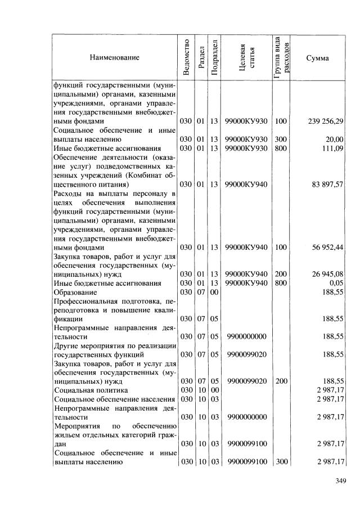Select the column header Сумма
tap(318, 57)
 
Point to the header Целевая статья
tap(247, 57)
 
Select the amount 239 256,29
tap(325, 121)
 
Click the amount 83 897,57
tap(325, 184)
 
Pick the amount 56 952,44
tap(325, 247)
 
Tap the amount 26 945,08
tap(325, 274)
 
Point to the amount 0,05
tap(336, 283)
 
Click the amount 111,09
tap(332, 148)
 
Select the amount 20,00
tap(334, 139)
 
